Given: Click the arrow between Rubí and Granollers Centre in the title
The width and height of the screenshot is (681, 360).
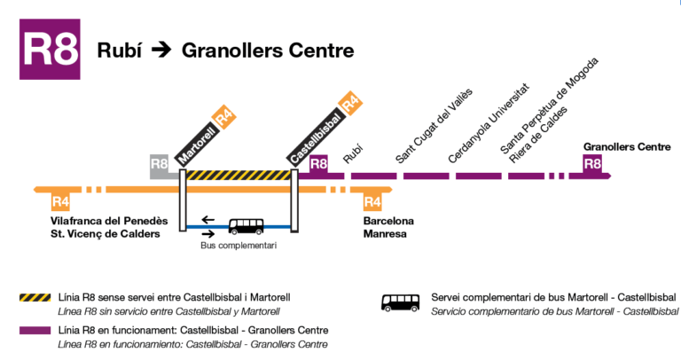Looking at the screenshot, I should (x=160, y=50).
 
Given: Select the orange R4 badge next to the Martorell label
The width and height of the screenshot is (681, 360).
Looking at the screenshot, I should (x=224, y=116).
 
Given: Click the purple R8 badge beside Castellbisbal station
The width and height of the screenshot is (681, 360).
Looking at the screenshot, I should (x=319, y=163).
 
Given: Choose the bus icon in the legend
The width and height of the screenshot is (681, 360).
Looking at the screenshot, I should (x=401, y=302).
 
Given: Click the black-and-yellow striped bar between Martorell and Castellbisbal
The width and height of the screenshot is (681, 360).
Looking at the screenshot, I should (x=239, y=176).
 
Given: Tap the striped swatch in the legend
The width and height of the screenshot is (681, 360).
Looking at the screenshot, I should (x=35, y=296).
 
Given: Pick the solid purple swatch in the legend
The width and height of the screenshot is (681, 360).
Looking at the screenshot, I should (x=35, y=331).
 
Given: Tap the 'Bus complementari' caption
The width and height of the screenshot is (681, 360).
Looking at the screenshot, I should (x=233, y=246).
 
